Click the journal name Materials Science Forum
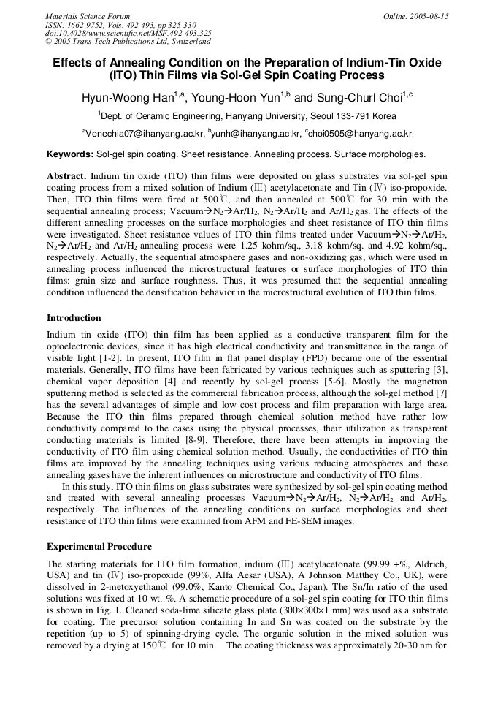88,16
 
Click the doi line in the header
128,33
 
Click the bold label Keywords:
70,155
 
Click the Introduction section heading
74,318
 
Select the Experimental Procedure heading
99,546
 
